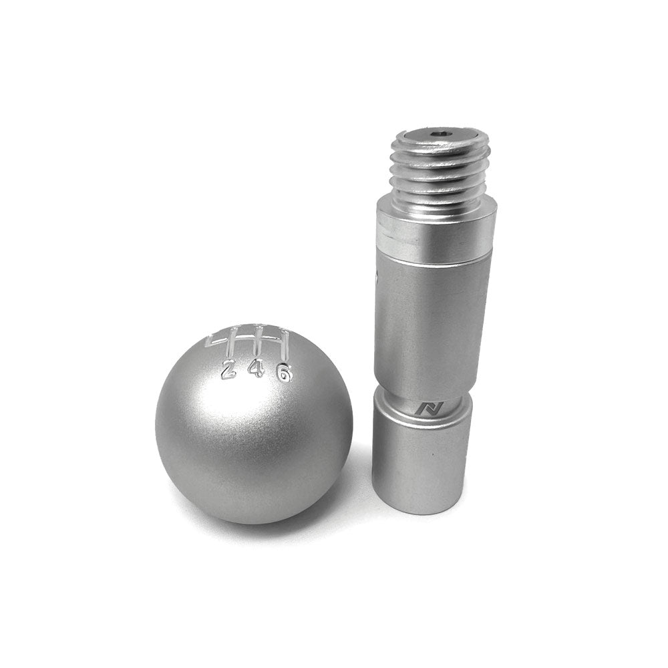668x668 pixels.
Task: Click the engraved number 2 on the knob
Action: pos(228,369)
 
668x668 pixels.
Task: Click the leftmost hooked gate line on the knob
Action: pos(212,341)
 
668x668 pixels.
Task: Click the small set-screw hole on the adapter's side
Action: pos(378,275)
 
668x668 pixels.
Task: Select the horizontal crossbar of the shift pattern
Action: pos(247,345)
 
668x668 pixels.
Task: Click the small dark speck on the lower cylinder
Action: pos(432,455)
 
